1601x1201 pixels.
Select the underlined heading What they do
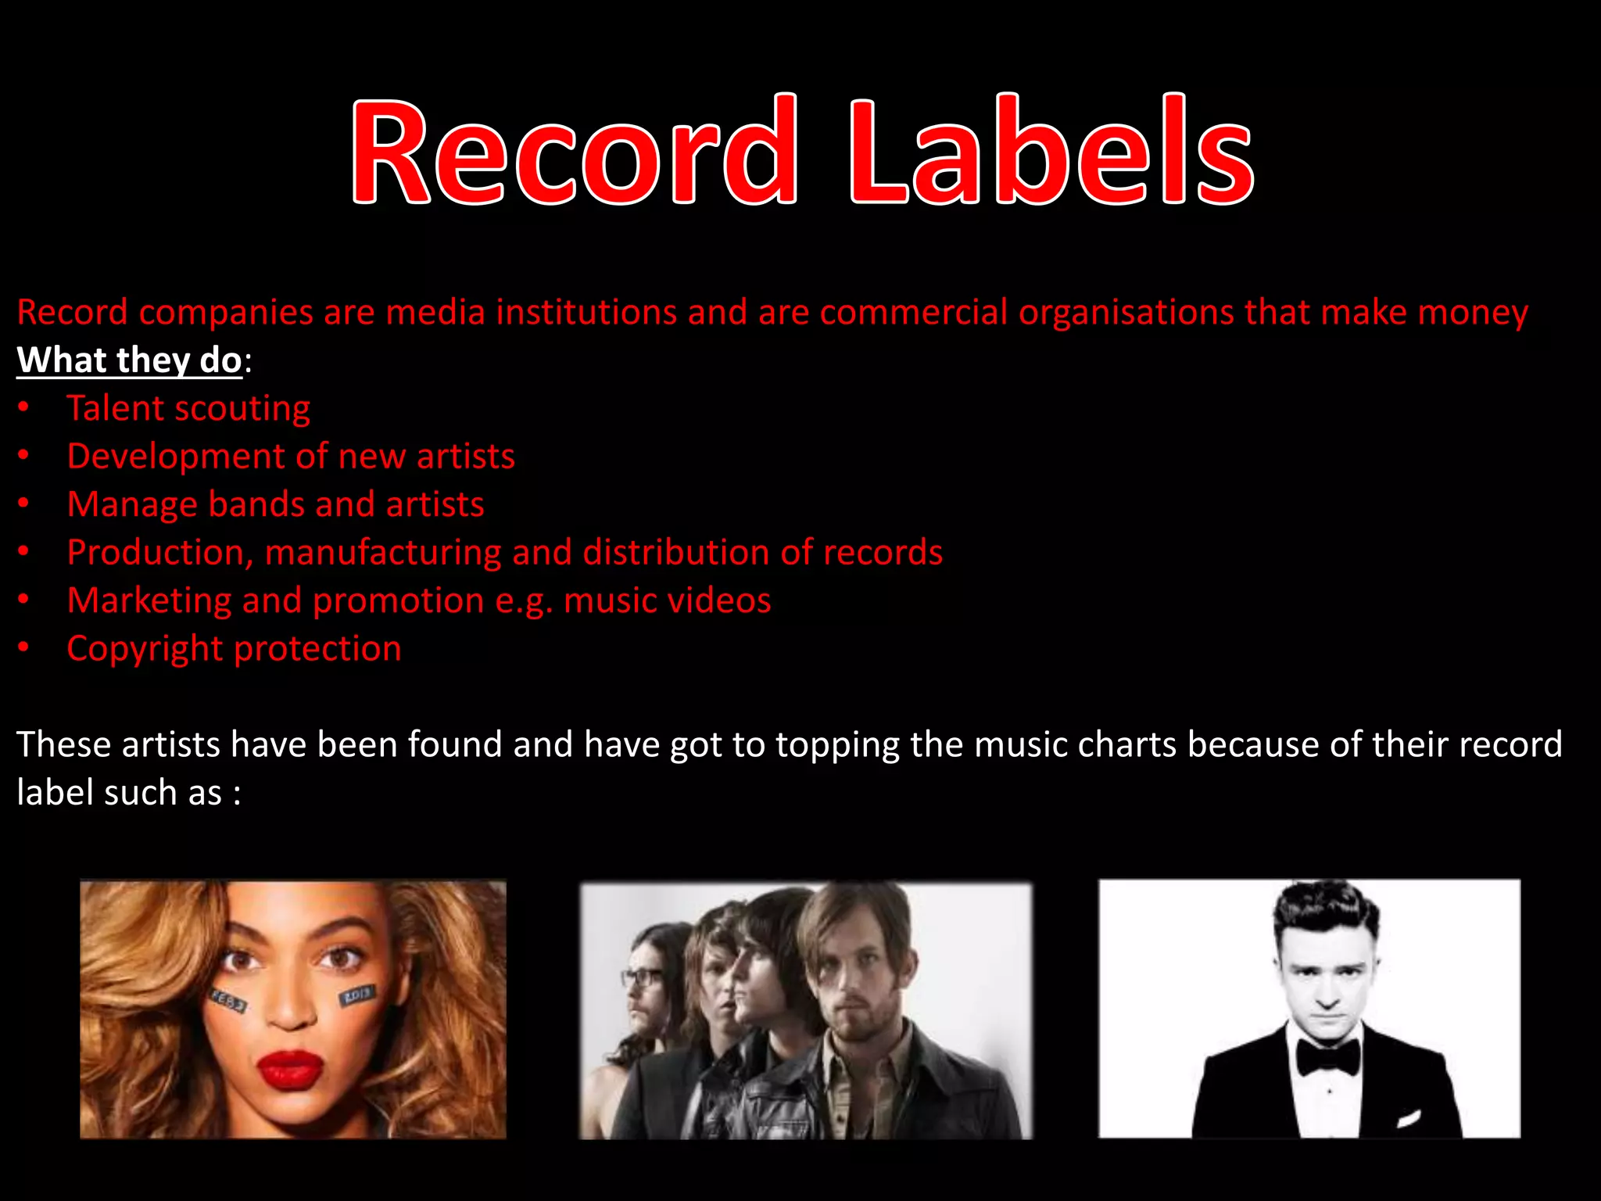tap(130, 360)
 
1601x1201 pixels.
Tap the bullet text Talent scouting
tap(188, 409)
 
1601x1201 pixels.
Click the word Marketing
tap(149, 600)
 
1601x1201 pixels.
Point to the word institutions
tap(586, 313)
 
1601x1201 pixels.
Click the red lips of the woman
tap(290, 1070)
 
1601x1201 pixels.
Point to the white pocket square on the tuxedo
tap(1408, 1119)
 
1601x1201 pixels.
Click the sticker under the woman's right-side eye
tap(357, 996)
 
